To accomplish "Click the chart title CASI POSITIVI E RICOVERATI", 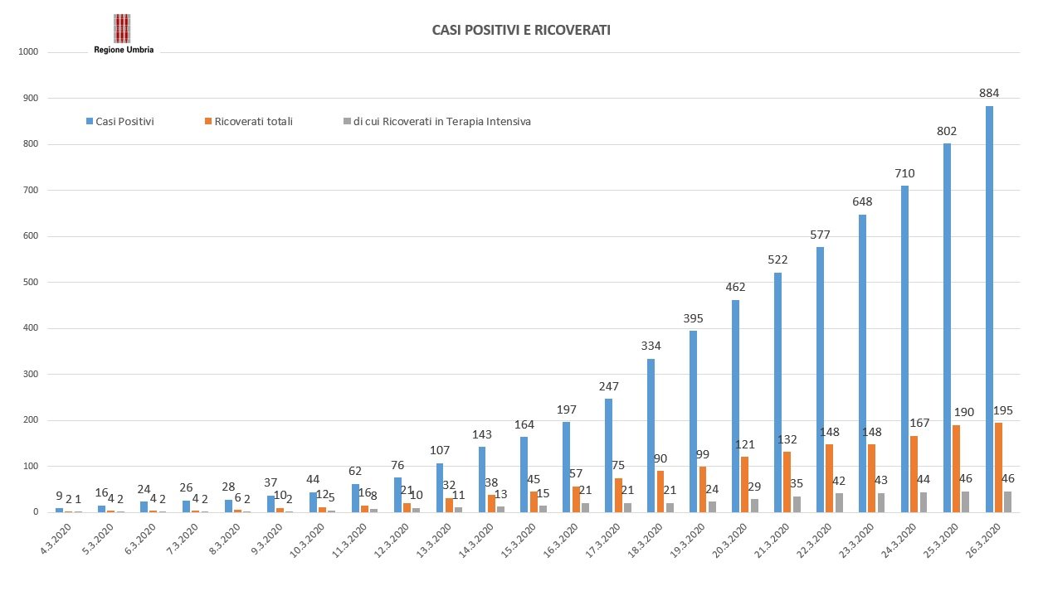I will [x=521, y=30].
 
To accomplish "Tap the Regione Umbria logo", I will [x=122, y=34].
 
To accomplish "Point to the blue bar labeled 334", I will [x=651, y=435].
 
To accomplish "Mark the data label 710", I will [x=904, y=172].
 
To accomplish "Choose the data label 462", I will [x=735, y=287].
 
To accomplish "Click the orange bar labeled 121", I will [x=745, y=484].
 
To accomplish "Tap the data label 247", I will [x=609, y=385].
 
